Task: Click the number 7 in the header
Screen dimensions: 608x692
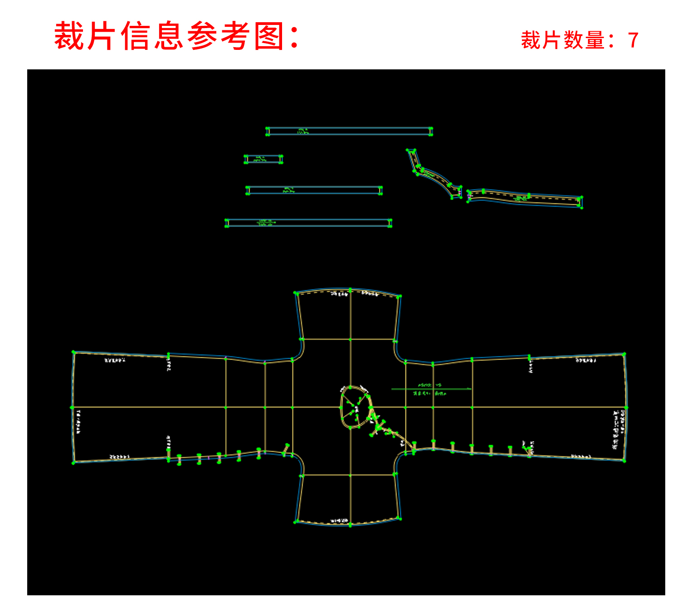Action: (x=633, y=40)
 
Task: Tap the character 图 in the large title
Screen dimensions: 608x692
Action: (x=269, y=36)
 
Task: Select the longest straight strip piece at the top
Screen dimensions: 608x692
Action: (x=349, y=131)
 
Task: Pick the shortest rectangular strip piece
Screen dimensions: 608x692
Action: (x=263, y=159)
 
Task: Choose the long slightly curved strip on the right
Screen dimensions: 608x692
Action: (x=525, y=198)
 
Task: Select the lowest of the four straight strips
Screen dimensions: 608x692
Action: (x=308, y=223)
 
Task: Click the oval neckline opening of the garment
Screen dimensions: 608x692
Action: (x=355, y=407)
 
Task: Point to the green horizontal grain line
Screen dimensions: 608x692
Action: (x=431, y=389)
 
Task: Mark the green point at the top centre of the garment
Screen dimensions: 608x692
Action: (x=350, y=289)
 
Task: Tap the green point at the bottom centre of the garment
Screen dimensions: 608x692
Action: (x=350, y=525)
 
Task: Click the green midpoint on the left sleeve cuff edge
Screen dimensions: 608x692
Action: (x=72, y=407)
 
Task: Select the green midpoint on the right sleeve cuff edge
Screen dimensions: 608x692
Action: (x=626, y=407)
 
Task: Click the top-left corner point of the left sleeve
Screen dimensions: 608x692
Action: (x=73, y=352)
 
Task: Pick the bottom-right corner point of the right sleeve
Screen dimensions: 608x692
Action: (x=624, y=461)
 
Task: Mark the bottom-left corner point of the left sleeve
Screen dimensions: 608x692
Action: (x=73, y=462)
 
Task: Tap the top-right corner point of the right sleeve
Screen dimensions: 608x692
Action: (x=624, y=354)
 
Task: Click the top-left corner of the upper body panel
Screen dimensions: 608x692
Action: (x=295, y=293)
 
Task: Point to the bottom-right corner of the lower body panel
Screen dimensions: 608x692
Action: (x=400, y=518)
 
